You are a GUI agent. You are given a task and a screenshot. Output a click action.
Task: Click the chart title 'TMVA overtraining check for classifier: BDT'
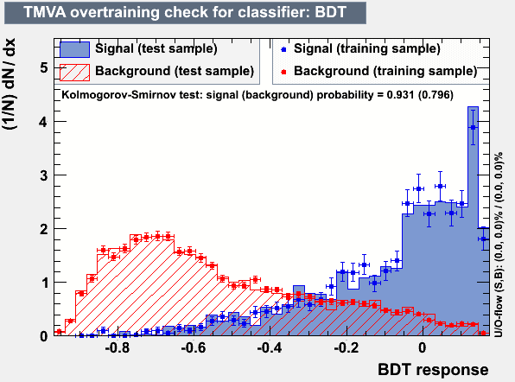(x=185, y=12)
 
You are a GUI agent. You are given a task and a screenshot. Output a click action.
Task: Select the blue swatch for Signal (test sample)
(x=74, y=49)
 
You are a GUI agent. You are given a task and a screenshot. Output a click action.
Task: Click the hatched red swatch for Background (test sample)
(x=74, y=73)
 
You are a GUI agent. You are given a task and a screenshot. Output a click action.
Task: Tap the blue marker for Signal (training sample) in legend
(x=283, y=49)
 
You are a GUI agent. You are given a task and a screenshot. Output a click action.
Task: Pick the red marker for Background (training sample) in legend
(x=283, y=72)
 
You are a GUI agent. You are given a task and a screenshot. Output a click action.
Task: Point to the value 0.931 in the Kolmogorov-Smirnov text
(x=400, y=95)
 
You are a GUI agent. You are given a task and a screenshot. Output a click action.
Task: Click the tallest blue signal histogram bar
(x=473, y=220)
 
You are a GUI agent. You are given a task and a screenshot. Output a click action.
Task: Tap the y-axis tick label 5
(x=44, y=68)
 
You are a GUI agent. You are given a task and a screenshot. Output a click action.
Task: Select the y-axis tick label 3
(x=44, y=175)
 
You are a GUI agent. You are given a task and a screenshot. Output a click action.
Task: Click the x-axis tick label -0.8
(x=118, y=347)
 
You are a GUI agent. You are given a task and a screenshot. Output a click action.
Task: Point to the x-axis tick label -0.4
(x=270, y=347)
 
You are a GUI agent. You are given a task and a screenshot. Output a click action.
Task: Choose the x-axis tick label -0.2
(x=347, y=347)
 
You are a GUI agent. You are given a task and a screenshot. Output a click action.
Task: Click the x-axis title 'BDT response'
(x=433, y=370)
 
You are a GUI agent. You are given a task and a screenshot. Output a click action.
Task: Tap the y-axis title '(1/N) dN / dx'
(x=10, y=85)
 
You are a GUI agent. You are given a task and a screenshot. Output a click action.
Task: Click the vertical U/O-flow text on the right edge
(x=499, y=245)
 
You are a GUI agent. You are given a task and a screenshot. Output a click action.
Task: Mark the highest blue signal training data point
(x=473, y=127)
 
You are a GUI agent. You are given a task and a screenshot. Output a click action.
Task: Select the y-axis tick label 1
(x=44, y=283)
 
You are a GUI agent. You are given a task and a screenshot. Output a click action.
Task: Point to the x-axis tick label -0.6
(x=194, y=347)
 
